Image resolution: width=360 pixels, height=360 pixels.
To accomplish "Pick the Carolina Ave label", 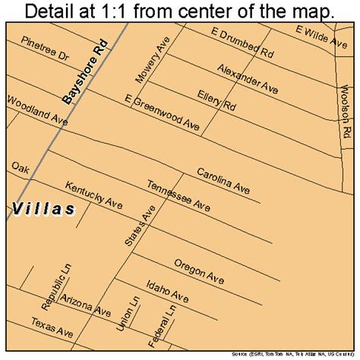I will tap(224, 181).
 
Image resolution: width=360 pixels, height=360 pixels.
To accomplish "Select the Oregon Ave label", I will tap(200, 270).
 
